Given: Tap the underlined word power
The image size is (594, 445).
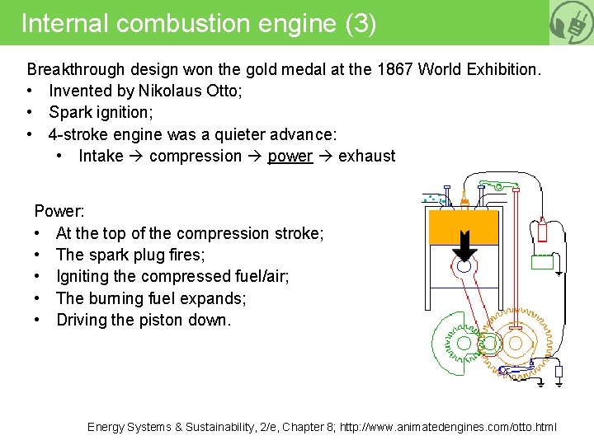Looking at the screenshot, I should [x=290, y=156].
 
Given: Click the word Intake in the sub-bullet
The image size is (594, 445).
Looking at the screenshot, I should [x=101, y=156].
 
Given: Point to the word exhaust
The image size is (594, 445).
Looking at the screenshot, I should [x=366, y=156].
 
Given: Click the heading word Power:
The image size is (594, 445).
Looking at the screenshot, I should [x=59, y=212].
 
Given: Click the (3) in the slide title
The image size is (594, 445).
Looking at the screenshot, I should [x=361, y=23].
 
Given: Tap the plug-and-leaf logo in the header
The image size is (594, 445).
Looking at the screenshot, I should [x=571, y=22].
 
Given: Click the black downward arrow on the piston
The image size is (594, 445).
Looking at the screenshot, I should [x=465, y=245].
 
